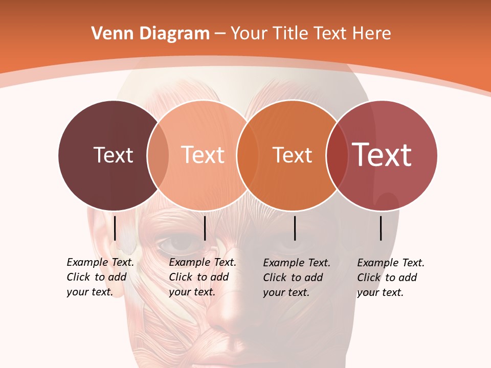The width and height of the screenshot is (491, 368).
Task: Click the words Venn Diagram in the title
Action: pos(150,34)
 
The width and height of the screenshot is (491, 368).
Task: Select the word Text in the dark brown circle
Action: pos(113,155)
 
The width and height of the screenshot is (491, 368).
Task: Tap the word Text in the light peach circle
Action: pos(203,155)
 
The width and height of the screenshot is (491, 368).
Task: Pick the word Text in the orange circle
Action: pos(292,155)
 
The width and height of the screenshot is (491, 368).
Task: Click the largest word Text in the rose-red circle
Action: pos(382,155)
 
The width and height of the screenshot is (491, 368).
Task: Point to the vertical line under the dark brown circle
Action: pos(115,228)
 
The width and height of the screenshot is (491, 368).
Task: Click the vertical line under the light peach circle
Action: pos(205,228)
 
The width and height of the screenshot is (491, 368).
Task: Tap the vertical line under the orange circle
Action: pos(295,228)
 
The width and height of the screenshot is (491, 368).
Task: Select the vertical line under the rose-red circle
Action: pos(381,228)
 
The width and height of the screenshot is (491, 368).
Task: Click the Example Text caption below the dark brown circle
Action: pos(100,277)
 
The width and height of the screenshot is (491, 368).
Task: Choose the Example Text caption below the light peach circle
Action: pos(202,277)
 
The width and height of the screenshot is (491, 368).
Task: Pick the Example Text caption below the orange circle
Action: pos(296,278)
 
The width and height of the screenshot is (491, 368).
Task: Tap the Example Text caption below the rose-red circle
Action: pos(390,278)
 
